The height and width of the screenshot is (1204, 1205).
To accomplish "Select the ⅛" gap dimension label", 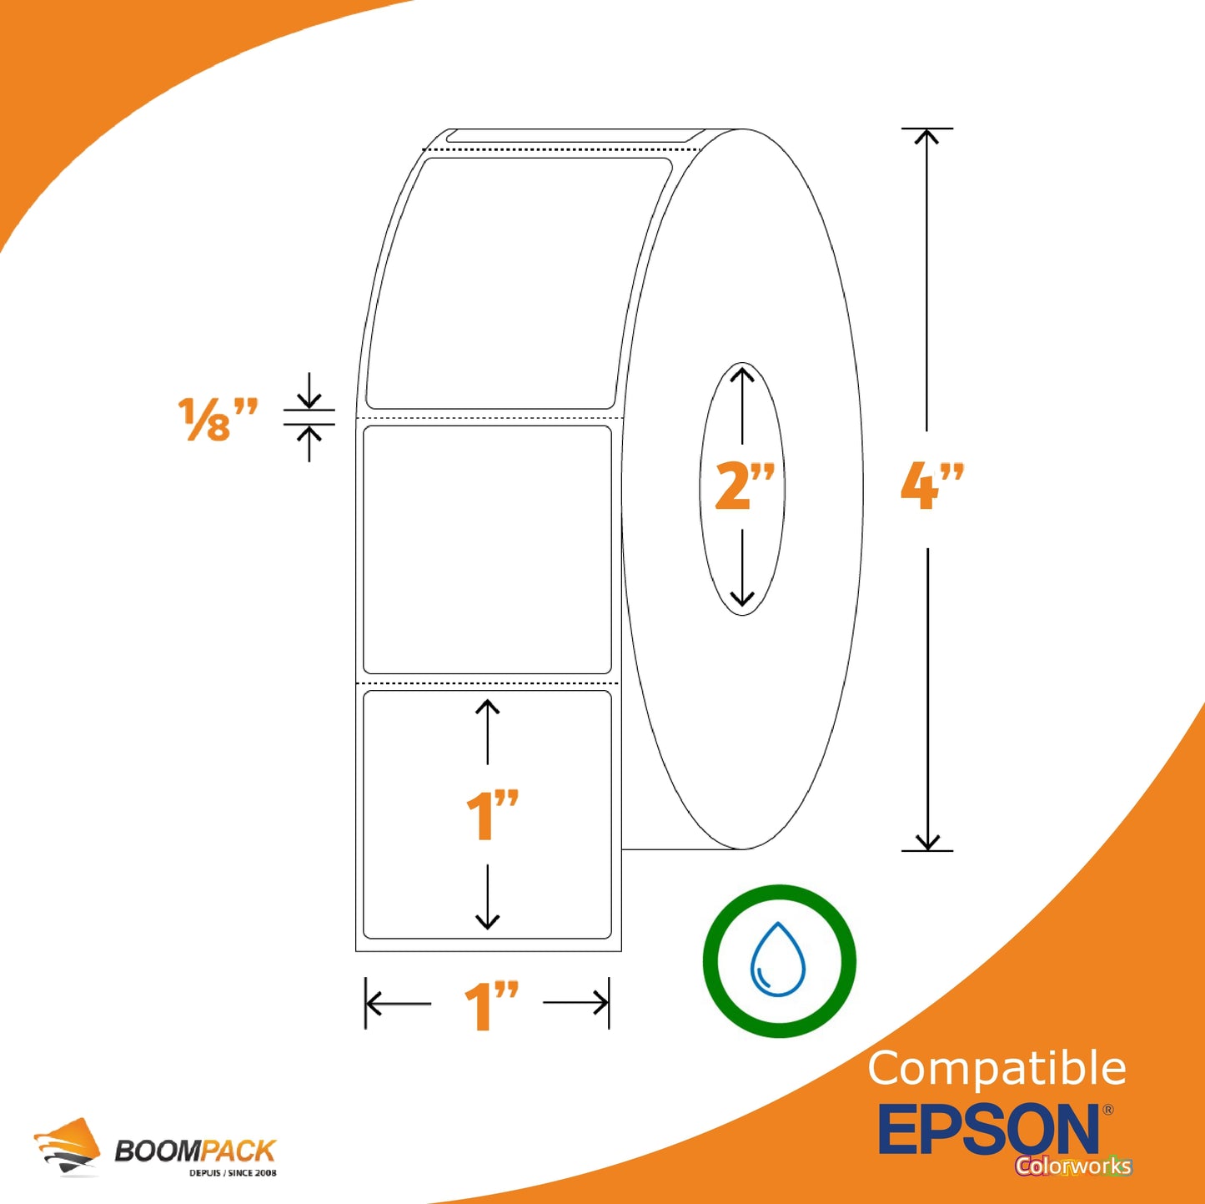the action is [x=217, y=420].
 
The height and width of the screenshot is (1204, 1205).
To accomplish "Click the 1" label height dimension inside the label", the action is [x=492, y=814].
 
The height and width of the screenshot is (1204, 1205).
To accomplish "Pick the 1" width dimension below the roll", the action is [x=491, y=1005].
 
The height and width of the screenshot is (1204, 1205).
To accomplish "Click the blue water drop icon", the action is [x=778, y=959].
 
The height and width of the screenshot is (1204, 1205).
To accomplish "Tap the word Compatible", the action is [x=997, y=1068].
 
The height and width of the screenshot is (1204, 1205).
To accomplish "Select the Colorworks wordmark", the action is [x=1073, y=1165].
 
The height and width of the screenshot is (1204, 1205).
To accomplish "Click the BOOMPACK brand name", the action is [x=195, y=1151].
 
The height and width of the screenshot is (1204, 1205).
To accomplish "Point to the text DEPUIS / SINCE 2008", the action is [x=233, y=1173].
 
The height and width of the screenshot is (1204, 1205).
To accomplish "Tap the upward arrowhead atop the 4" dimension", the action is [x=926, y=137].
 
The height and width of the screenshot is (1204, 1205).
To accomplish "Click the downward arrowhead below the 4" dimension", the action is [x=927, y=843].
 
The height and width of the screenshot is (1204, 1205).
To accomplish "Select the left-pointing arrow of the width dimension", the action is [x=398, y=1003].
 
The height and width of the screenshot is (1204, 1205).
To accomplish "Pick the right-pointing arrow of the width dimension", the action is [x=575, y=1003].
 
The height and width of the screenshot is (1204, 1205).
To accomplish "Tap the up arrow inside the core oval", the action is [x=742, y=406].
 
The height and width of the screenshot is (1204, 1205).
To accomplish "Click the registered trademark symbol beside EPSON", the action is [x=1107, y=1109].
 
